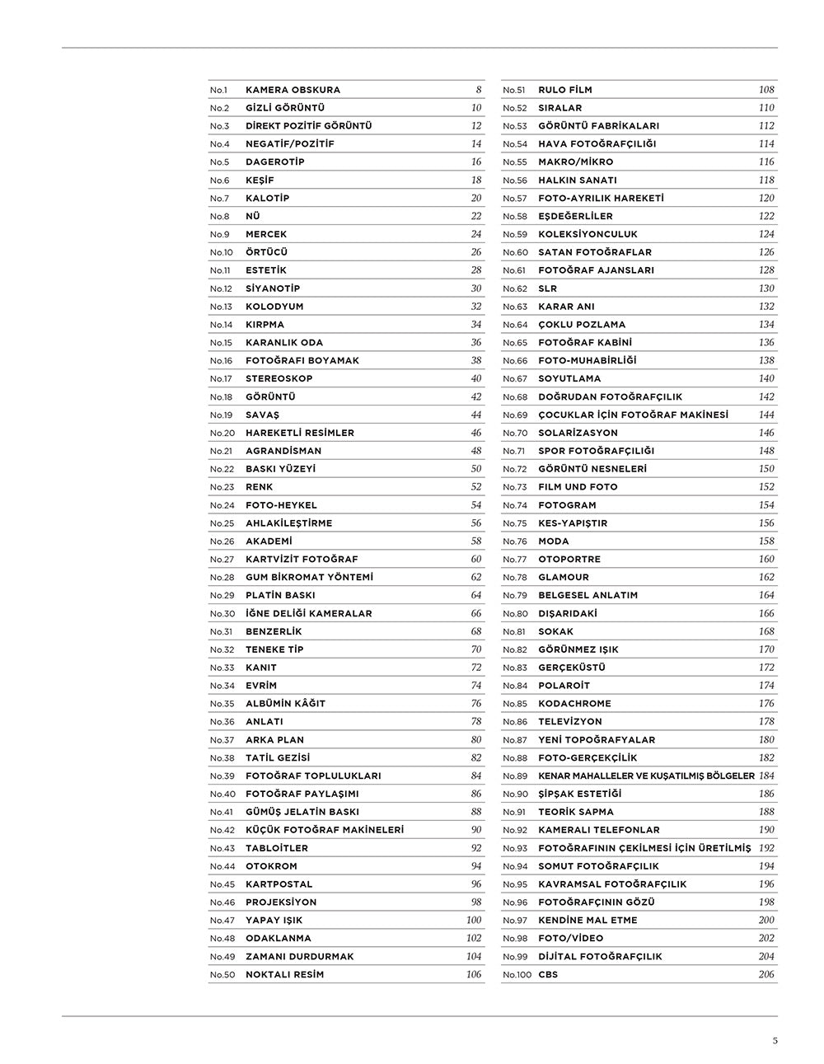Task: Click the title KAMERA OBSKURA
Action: [x=293, y=90]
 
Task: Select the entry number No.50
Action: [x=222, y=975]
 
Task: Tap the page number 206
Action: [x=766, y=975]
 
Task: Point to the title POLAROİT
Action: [x=564, y=686]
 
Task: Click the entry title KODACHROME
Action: [x=574, y=704]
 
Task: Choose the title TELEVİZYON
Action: [x=570, y=722]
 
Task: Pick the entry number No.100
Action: [x=517, y=975]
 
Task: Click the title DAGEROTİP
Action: [x=274, y=162]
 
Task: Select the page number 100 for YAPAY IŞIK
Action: [x=474, y=921]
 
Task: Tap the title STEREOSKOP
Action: [x=279, y=379]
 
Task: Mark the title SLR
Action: [x=547, y=288]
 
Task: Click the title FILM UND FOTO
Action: [x=578, y=487]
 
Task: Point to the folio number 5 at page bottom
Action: [x=775, y=1040]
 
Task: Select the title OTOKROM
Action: [x=271, y=866]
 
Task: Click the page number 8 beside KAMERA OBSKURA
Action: [x=479, y=90]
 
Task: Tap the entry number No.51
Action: [x=514, y=90]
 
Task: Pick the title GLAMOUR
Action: [x=564, y=578]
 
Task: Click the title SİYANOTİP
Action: [x=272, y=288]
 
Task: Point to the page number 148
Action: [x=766, y=451]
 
